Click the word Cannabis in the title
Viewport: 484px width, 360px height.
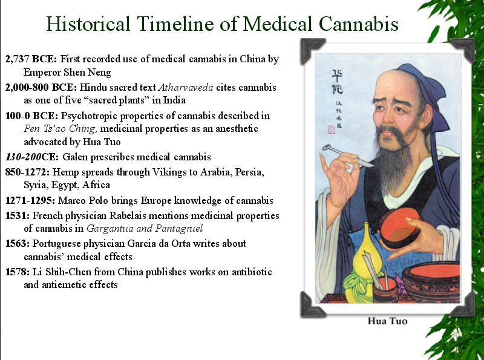coord(358,24)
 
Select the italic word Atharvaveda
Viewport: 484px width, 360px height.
coord(186,87)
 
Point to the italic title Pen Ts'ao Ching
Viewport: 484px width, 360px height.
coord(60,128)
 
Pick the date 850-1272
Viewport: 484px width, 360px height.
coord(27,172)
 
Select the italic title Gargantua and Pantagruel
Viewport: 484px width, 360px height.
coord(145,229)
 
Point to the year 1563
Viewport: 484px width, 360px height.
coord(18,243)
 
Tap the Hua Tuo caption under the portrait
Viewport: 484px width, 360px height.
coord(387,321)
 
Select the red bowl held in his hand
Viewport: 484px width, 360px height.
coord(399,228)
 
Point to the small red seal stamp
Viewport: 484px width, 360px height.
coord(331,129)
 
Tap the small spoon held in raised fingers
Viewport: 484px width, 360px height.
coord(347,155)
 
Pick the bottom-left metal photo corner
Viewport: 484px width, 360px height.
coord(312,305)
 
